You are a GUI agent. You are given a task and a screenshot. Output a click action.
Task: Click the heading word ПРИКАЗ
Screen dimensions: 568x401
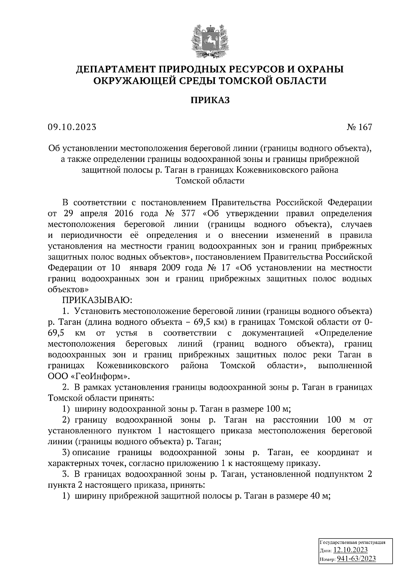tap(210, 100)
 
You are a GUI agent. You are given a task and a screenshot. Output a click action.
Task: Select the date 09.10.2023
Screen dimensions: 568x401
tap(72, 127)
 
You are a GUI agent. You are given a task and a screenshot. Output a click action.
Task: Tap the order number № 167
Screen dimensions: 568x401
tap(359, 127)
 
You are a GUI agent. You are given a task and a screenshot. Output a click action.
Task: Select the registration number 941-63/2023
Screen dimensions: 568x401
tap(356, 559)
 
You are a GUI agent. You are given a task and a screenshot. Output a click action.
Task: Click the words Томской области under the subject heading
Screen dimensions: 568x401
tap(210, 181)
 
